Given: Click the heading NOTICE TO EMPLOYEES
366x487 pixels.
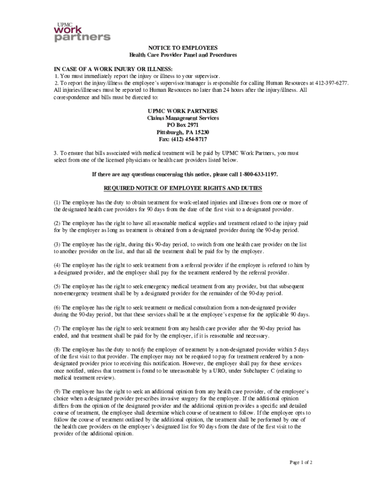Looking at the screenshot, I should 183,48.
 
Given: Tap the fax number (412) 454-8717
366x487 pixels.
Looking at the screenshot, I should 183,139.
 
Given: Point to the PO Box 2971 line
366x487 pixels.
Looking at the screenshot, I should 183,125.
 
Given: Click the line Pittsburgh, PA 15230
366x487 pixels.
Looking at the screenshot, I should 183,132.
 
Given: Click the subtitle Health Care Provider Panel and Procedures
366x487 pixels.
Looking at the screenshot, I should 183,55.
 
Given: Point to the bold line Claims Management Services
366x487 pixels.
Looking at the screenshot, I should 183,118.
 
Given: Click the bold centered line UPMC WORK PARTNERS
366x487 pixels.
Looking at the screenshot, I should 183,111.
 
